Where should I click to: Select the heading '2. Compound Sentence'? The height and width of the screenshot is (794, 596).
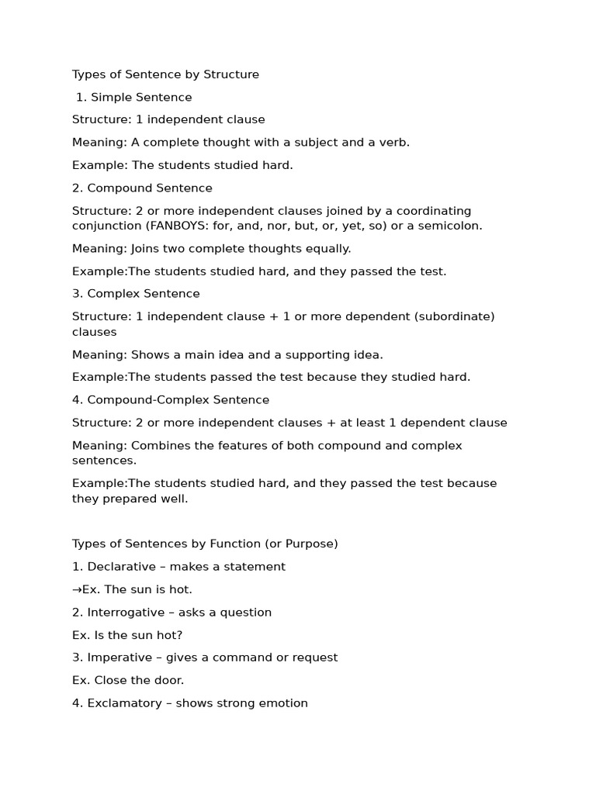142,188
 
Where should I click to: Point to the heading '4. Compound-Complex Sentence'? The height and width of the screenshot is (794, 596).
171,400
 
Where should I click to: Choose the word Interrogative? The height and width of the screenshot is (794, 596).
126,613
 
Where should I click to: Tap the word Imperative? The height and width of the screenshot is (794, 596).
120,658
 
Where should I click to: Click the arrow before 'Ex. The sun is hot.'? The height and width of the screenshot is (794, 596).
77,590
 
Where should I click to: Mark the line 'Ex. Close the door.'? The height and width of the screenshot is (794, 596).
128,680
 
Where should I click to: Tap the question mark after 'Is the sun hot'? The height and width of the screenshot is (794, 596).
179,635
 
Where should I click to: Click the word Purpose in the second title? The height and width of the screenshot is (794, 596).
310,544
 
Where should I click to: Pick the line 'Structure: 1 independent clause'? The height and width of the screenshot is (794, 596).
168,119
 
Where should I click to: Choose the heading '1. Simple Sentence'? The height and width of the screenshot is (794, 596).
133,97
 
